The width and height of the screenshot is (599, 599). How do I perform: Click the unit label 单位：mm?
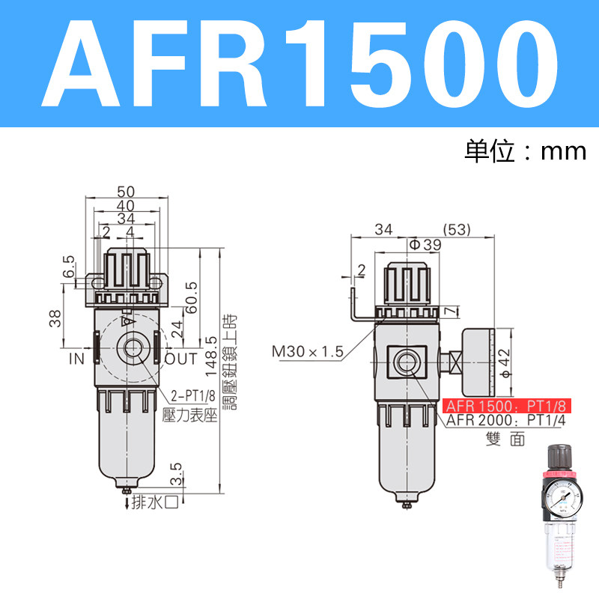pos(524,151)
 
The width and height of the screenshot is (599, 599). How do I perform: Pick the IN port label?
pos(77,359)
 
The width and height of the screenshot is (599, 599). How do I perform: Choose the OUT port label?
pos(180,359)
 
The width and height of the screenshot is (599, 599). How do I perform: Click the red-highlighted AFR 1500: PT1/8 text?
pos(508,407)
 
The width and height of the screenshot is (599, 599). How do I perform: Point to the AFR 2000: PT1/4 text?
pos(508,421)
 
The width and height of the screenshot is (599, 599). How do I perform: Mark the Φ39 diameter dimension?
pos(425,244)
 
